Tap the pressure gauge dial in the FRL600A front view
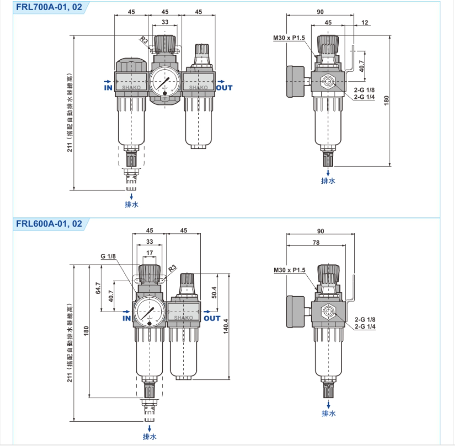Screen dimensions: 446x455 pos(148,312)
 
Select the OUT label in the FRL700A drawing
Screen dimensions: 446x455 pos(224,88)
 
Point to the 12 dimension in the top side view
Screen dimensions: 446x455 pos(365,23)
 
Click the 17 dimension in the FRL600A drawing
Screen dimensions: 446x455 pos(149,252)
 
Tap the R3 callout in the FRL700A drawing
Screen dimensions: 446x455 pos(143,39)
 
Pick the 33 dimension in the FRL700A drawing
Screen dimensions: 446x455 pos(165,22)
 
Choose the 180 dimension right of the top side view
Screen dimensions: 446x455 pos(387,101)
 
